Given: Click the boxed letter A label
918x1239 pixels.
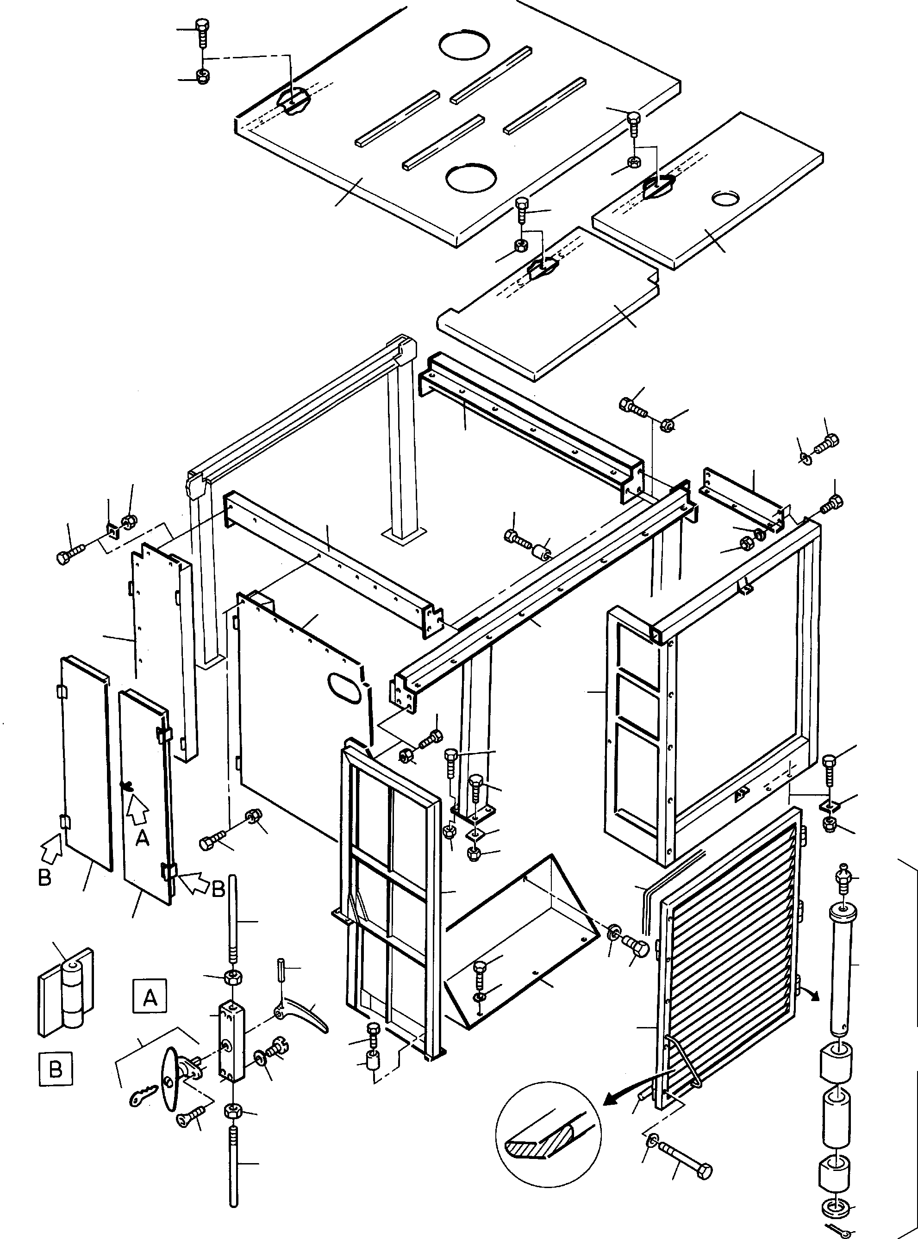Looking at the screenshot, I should [x=150, y=998].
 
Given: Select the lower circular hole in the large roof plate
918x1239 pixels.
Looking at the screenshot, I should [x=470, y=179].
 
